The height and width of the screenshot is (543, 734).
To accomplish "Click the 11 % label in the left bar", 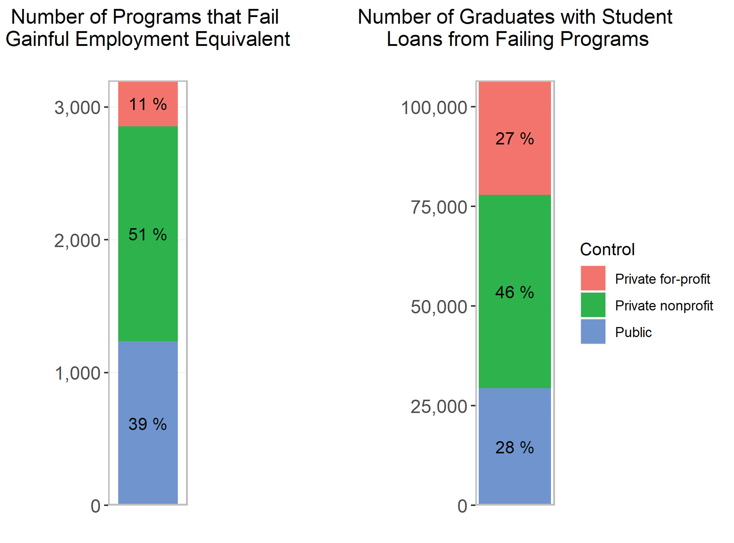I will point(147,104).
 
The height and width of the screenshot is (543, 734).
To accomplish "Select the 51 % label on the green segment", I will point(147,234).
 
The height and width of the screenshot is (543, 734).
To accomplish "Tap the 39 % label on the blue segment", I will point(147,424).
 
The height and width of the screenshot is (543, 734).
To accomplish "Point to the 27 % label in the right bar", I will point(514,139).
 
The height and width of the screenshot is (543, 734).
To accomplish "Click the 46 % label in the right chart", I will point(514,293).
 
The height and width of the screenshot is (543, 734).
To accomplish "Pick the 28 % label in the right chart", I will point(514,448).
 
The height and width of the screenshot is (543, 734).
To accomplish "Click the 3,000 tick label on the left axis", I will point(77,108).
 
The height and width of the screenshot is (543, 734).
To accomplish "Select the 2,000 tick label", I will point(77,241).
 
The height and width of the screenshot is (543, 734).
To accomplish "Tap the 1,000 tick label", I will point(77,373).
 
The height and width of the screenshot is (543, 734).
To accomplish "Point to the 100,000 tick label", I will point(434,108).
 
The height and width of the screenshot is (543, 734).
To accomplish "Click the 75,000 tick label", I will point(439,207).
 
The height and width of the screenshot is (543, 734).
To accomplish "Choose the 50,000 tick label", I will point(439,307).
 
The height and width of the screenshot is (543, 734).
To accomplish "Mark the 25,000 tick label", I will point(439,406).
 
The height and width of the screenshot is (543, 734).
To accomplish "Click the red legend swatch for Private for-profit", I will point(593,278).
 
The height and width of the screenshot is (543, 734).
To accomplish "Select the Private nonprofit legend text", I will point(664,306).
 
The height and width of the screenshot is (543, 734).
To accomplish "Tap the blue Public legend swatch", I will point(593,332).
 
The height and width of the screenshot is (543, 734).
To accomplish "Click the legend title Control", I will point(607,249).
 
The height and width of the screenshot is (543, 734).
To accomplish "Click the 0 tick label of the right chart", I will point(462,506).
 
